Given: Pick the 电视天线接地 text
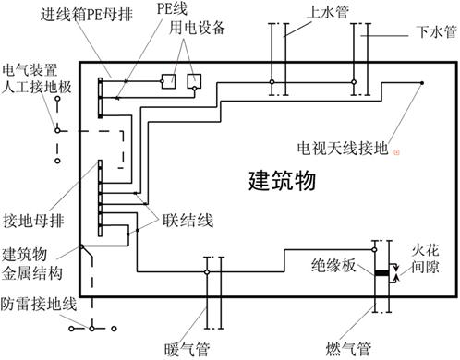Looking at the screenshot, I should click(x=341, y=147).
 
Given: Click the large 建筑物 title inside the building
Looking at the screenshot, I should click(x=282, y=181).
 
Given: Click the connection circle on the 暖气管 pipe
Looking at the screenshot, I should click(x=207, y=272).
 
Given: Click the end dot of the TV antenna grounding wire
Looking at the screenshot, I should click(x=420, y=83).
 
